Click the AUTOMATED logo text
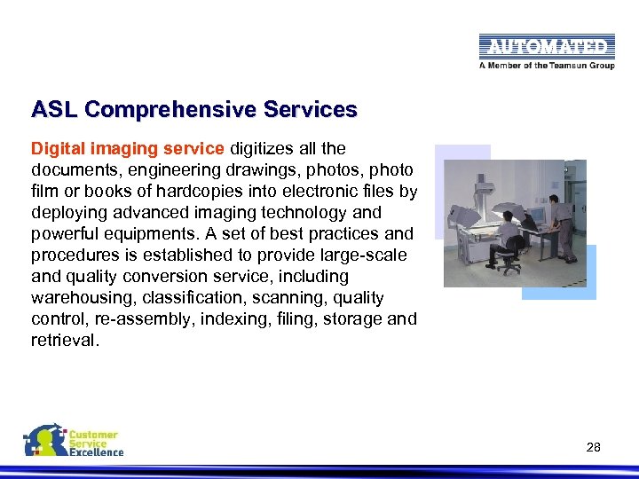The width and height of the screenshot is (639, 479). point(546,46)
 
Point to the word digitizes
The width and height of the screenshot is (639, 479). point(264,148)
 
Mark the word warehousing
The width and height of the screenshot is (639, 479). point(75,297)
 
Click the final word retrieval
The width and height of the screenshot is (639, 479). point(64,340)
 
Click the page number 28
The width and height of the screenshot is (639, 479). point(594,447)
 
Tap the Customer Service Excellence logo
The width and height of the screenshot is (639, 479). point(74,442)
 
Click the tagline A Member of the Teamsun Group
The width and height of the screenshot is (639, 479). point(545,66)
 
